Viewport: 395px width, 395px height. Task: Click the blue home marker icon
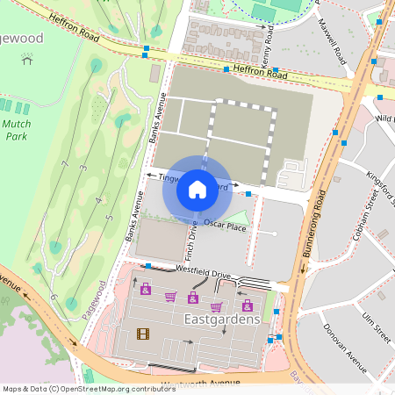(197, 189)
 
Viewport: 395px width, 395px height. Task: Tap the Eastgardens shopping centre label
(223, 320)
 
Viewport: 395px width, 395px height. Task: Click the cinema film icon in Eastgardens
(142, 334)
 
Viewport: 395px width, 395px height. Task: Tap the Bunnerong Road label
(313, 223)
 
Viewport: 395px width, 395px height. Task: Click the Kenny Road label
(263, 40)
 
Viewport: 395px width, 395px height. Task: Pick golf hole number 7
(64, 164)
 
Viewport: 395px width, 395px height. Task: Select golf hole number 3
(82, 168)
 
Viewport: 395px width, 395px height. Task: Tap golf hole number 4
(97, 201)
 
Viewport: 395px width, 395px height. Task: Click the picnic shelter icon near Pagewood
(27, 61)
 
